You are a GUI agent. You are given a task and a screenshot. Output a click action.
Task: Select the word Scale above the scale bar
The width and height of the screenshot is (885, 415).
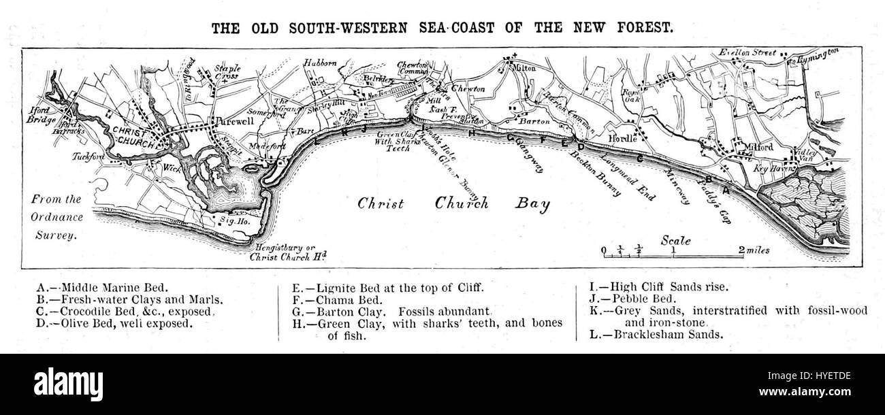click(675, 241)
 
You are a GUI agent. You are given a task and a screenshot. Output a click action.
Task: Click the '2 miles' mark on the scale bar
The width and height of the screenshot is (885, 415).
click(756, 250)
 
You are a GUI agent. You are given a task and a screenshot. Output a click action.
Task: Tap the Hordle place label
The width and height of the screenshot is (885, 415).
click(626, 138)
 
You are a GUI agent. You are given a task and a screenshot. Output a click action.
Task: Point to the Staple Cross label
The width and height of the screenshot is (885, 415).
click(227, 72)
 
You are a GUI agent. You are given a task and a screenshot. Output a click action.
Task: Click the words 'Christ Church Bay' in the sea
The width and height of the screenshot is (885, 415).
click(453, 203)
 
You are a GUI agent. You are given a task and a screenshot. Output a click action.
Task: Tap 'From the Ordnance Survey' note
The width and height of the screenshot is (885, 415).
click(57, 217)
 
